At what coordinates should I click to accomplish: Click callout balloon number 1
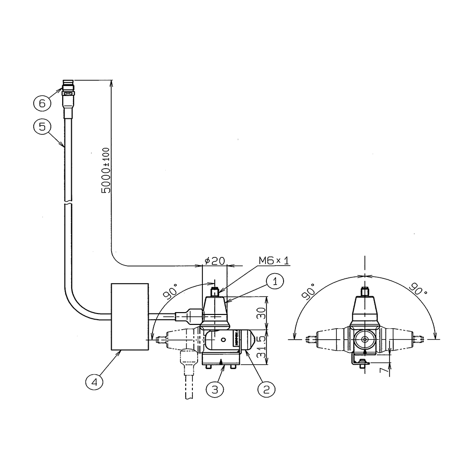(275, 281)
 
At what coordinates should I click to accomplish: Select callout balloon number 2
(266, 389)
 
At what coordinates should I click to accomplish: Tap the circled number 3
(215, 389)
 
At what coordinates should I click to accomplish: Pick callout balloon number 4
(94, 382)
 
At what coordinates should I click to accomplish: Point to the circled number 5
(42, 127)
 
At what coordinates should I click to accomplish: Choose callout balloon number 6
(42, 103)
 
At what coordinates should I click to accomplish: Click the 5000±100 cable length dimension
(106, 171)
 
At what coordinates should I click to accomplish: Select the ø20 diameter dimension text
(215, 260)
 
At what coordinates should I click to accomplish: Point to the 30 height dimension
(261, 313)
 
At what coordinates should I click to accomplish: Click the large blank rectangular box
(130, 317)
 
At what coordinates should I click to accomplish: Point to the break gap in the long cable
(68, 202)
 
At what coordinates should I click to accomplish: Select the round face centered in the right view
(365, 339)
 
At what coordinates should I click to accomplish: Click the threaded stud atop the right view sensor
(365, 292)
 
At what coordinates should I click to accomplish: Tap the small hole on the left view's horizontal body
(224, 340)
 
